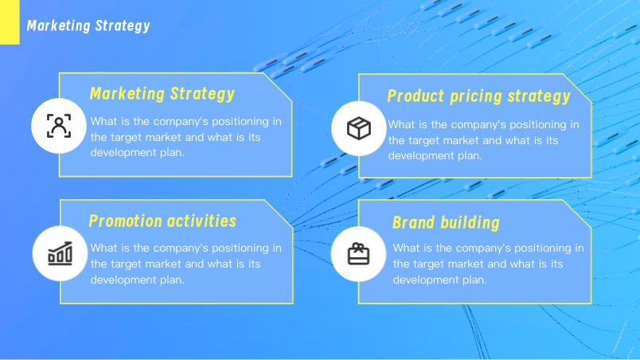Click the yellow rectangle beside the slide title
tap(10, 22)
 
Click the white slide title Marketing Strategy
tap(88, 26)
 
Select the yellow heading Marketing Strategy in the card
tap(162, 94)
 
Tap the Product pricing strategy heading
tap(478, 96)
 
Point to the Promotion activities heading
tap(162, 221)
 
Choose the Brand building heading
tap(446, 223)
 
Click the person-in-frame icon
tap(59, 126)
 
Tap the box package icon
tap(359, 128)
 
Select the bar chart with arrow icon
tap(60, 253)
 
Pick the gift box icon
tap(358, 253)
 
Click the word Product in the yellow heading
tap(416, 96)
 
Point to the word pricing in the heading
tap(476, 97)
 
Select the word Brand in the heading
tap(413, 223)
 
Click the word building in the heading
tap(470, 223)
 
